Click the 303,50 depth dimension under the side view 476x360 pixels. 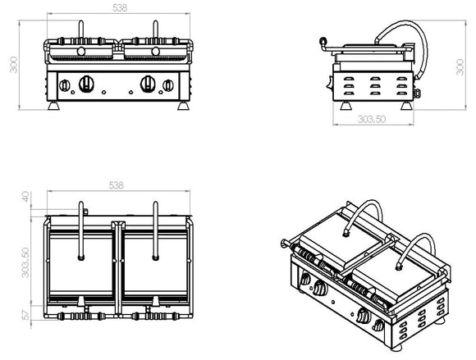pos(373,120)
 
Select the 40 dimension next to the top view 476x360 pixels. pos(25,197)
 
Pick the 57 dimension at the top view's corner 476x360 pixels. pos(25,315)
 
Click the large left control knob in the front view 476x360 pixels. pos(85,82)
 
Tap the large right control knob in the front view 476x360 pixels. pos(149,82)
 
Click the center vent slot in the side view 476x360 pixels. pos(373,87)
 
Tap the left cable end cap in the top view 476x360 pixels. pos(80,257)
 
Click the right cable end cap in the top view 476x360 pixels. pos(155,257)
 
